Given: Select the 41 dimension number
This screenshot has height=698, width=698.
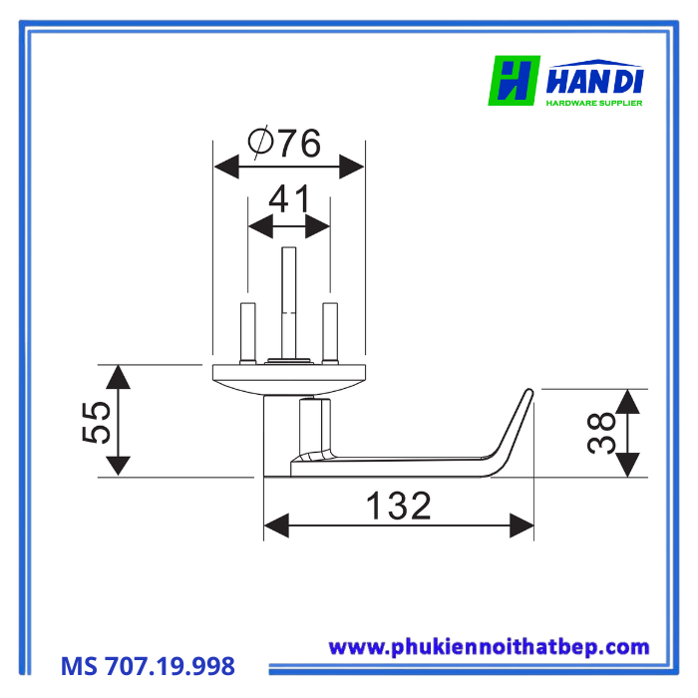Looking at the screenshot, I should coord(289,199).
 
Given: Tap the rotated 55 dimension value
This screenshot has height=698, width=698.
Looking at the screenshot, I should coord(98,422).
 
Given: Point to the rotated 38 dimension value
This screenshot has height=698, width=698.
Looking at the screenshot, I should coord(601,434).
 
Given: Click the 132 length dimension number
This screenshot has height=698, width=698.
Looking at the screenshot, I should coord(399,506).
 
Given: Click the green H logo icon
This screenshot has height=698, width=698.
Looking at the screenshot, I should coord(514,80).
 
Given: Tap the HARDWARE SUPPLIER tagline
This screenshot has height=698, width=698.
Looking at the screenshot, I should coord(595,102).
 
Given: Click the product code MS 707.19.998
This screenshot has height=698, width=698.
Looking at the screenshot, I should coord(148,665).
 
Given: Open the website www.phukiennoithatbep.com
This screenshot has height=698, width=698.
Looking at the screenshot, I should coord(489,647).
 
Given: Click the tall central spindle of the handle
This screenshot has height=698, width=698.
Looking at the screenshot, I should coord(289,299).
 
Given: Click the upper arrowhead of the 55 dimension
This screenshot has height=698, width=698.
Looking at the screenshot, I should coord(118,377).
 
